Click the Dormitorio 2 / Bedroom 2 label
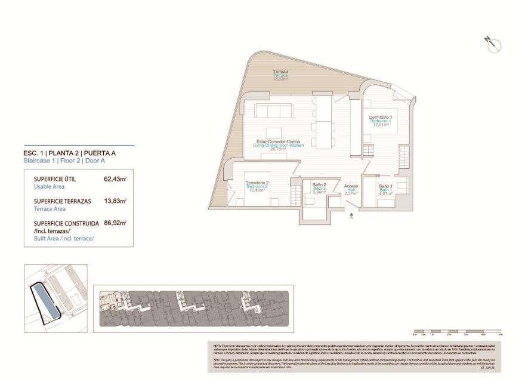click(x=258, y=186)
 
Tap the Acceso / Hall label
click(x=351, y=189)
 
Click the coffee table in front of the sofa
click(x=274, y=133)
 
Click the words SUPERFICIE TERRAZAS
click(x=62, y=201)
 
